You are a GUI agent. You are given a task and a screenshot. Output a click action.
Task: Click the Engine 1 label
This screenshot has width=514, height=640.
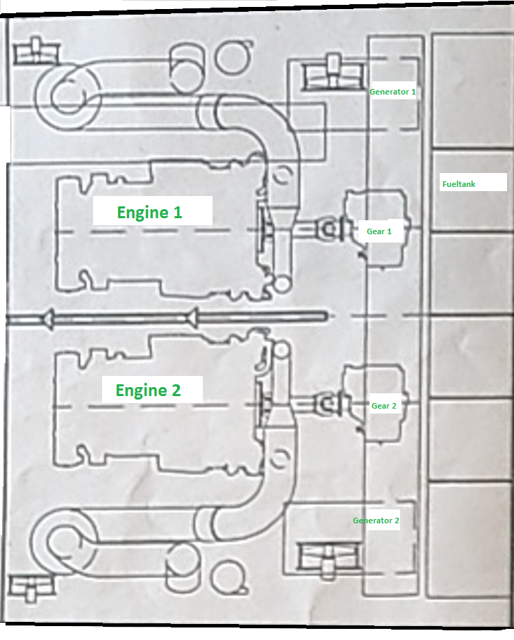click(x=149, y=212)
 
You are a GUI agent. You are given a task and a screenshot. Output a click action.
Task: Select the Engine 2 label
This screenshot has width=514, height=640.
click(x=148, y=390)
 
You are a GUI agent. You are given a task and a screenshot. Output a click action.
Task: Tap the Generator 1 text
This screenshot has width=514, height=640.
click(x=392, y=91)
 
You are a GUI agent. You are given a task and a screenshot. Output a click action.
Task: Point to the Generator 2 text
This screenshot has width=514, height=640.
click(x=376, y=520)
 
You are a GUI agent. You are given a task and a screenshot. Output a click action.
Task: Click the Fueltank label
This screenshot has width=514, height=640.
click(x=463, y=184)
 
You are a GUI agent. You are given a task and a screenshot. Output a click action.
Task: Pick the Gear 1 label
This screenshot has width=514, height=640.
click(x=379, y=231)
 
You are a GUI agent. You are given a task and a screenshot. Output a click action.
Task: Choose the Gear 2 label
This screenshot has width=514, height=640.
click(x=383, y=405)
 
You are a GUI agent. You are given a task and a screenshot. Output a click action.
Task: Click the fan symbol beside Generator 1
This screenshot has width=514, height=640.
click(x=332, y=72)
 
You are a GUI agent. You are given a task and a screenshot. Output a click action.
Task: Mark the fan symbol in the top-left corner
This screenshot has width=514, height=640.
click(x=35, y=51)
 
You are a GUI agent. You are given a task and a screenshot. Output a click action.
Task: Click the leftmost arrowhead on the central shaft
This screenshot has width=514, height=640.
click(x=47, y=319)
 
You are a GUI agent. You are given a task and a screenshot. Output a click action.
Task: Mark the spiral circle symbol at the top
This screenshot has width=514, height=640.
click(x=231, y=58)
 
